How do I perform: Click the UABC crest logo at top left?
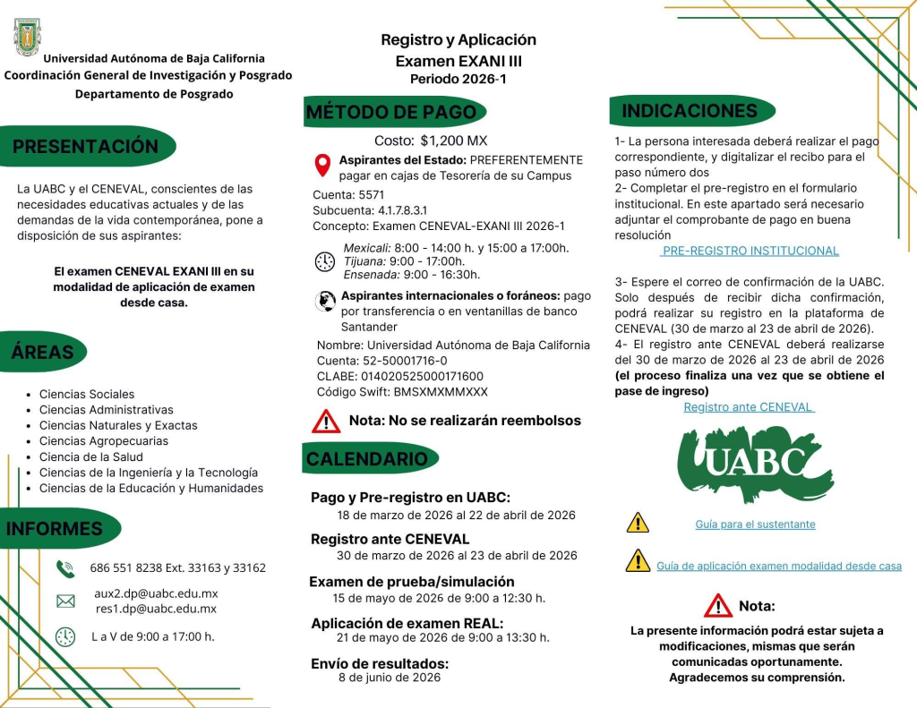[28, 37]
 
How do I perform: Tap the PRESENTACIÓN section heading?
[86, 147]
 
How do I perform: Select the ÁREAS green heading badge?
[43, 352]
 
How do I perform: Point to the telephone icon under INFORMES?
[65, 568]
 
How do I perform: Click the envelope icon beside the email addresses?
[65, 601]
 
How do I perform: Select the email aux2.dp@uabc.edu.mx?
[156, 593]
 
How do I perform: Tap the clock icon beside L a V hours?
[65, 637]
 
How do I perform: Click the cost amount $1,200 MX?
[453, 141]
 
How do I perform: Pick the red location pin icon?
[322, 166]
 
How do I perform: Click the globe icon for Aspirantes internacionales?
[325, 302]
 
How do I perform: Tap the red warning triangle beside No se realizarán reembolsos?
[326, 421]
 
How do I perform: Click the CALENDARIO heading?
[367, 459]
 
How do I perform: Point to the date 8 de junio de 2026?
[390, 678]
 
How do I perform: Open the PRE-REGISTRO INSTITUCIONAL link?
[750, 251]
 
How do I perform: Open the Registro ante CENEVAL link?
[749, 407]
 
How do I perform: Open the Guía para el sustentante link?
[755, 525]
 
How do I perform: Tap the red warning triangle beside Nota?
[717, 606]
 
